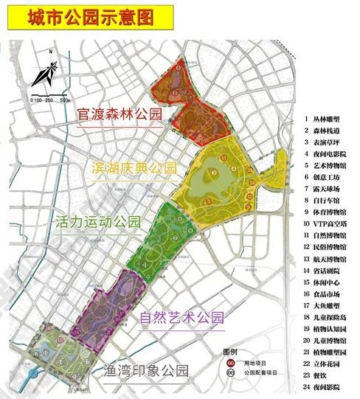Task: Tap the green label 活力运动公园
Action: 97,221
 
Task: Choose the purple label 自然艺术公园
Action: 181,319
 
